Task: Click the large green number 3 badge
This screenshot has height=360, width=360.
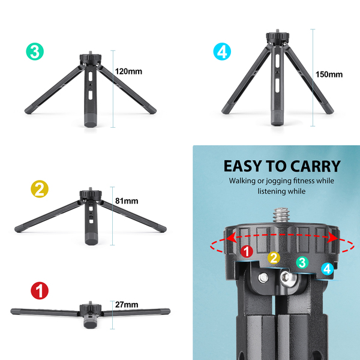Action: click(x=35, y=52)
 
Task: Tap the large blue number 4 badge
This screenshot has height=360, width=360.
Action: click(x=222, y=52)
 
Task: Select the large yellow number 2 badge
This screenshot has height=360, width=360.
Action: click(x=40, y=189)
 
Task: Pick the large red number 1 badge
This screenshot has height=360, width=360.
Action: click(x=40, y=290)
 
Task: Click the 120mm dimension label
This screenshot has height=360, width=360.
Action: click(x=128, y=71)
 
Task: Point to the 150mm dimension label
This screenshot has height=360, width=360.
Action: click(x=329, y=74)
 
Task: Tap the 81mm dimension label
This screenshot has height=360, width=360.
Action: click(x=127, y=201)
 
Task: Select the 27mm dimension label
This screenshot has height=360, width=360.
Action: click(x=127, y=305)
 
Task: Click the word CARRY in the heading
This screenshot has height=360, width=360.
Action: click(x=316, y=166)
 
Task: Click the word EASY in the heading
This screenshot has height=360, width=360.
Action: click(x=242, y=166)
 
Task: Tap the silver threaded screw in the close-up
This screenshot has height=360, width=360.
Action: click(x=281, y=215)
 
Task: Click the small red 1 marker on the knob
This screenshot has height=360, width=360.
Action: click(x=247, y=251)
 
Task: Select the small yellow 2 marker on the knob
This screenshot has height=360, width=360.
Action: click(x=274, y=258)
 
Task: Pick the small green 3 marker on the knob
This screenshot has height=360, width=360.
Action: click(x=302, y=262)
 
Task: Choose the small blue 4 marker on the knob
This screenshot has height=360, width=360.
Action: click(x=328, y=269)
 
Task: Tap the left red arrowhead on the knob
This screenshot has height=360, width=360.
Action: click(x=232, y=237)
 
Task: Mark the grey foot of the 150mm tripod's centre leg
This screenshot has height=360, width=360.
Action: click(x=277, y=117)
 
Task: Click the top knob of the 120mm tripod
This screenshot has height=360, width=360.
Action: click(x=91, y=59)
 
